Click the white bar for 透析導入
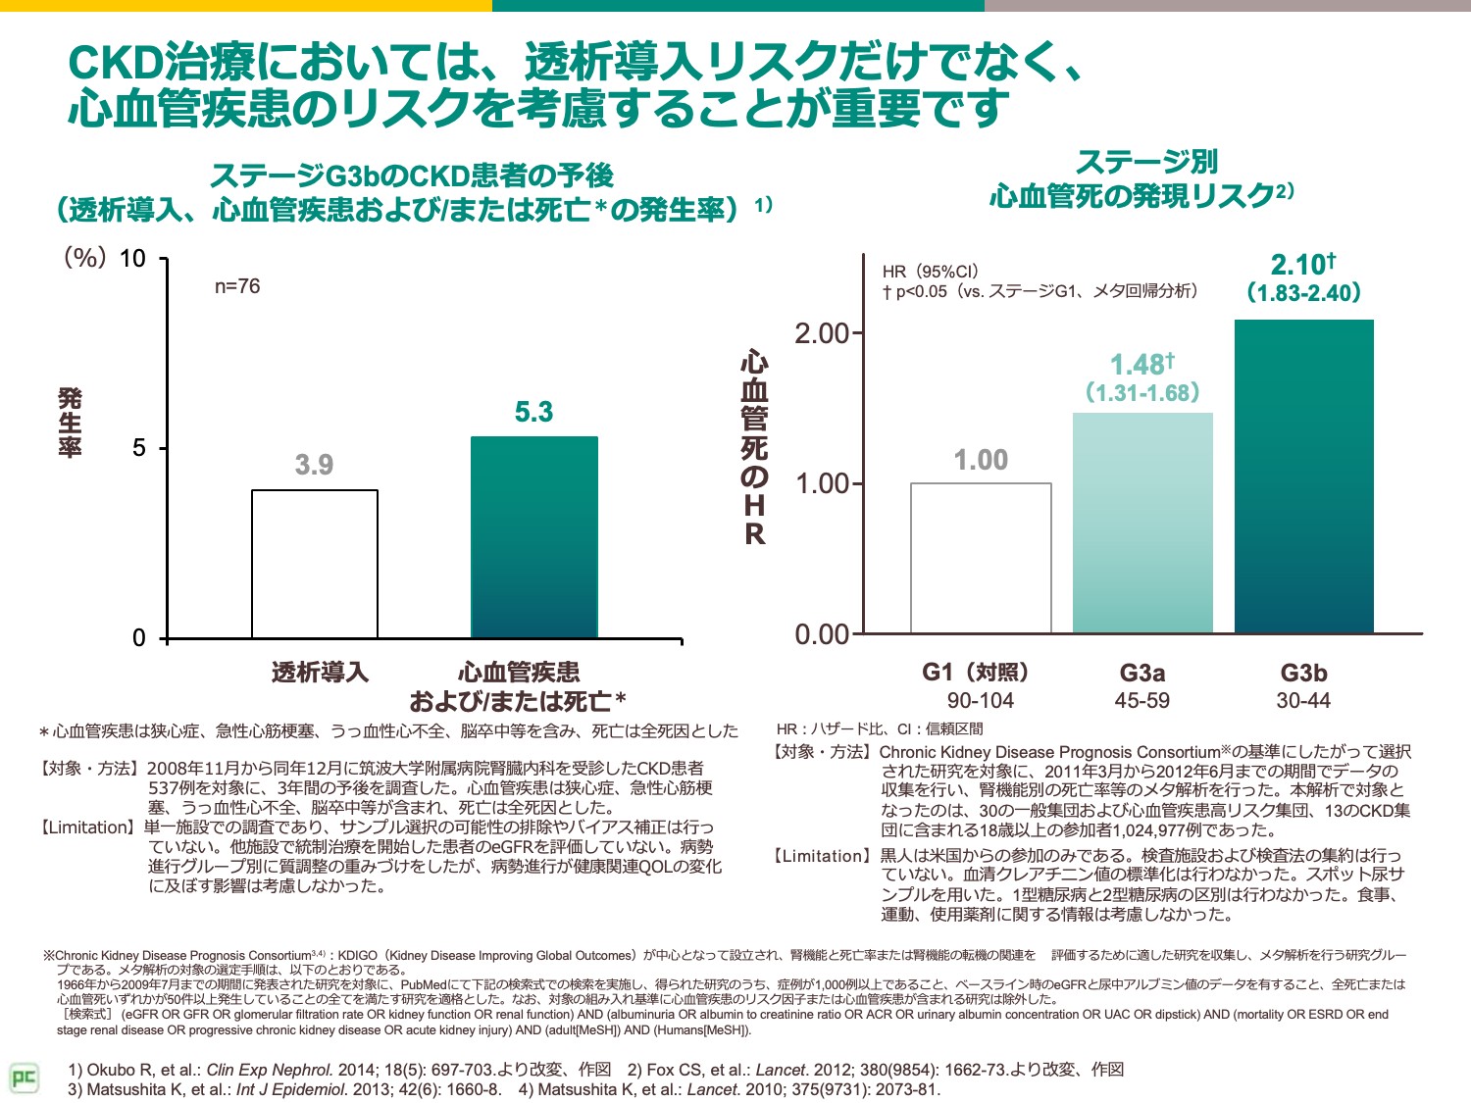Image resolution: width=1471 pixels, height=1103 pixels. (x=315, y=564)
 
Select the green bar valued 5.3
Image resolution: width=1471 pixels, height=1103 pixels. (x=533, y=537)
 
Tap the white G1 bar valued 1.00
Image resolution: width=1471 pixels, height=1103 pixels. (x=981, y=558)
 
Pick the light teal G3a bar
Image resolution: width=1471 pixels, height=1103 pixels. (x=1142, y=523)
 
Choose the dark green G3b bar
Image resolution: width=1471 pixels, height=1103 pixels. (x=1303, y=476)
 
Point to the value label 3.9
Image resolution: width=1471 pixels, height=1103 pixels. (x=314, y=465)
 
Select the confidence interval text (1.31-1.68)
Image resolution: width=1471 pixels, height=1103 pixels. (x=1142, y=393)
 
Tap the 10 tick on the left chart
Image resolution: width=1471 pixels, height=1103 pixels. (x=132, y=259)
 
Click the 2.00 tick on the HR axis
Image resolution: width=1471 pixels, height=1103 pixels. (x=821, y=333)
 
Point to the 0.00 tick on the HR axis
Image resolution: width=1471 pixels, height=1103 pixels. (x=821, y=634)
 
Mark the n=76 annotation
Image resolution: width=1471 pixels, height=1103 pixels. (x=237, y=286)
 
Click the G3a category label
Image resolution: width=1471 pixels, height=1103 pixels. (x=1142, y=673)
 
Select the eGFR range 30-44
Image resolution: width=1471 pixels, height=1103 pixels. (x=1303, y=701)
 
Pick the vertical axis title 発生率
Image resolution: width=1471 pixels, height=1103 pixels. (x=70, y=424)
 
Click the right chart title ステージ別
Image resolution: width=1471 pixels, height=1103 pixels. (x=1146, y=162)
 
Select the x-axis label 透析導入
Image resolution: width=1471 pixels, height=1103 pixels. (x=320, y=673)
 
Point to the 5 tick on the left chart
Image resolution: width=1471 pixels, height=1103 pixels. (x=138, y=448)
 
